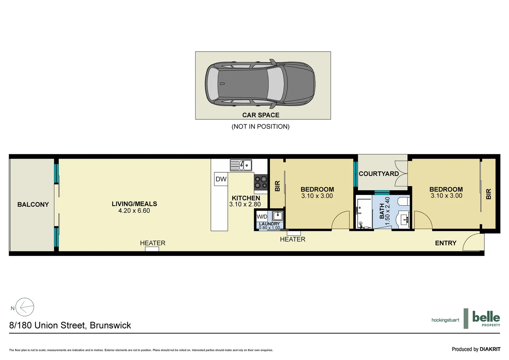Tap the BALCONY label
point(33,204)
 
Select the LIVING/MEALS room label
point(134,204)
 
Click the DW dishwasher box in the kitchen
point(221,179)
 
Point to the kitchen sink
point(241,165)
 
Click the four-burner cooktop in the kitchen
point(261,182)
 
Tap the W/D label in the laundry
point(262,217)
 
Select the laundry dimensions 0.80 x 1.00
point(269,228)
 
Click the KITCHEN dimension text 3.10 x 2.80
point(245,204)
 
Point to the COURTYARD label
point(378,174)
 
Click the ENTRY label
point(445,243)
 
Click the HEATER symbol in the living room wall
point(152,249)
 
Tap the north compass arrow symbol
point(25,307)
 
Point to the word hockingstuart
point(445,320)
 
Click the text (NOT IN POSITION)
point(260,126)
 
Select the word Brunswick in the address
point(110,325)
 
